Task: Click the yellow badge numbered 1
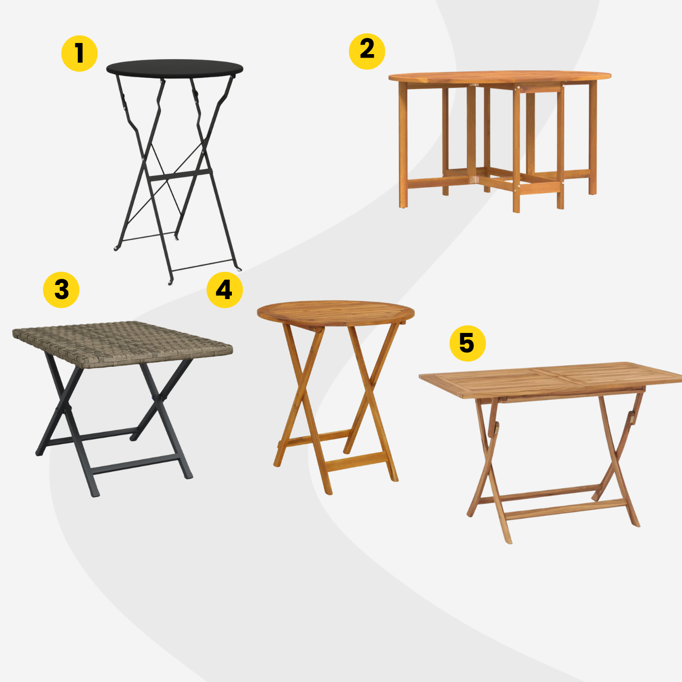tap(79, 54)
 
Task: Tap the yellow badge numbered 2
tap(367, 52)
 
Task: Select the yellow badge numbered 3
tap(61, 290)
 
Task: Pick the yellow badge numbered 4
tap(225, 290)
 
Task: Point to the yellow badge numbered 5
tap(467, 344)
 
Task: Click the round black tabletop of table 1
tap(174, 67)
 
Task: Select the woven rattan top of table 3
tap(122, 344)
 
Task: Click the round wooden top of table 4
tap(335, 313)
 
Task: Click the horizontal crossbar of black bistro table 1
tap(179, 175)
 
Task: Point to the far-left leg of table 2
tap(403, 144)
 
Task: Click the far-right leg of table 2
tap(593, 138)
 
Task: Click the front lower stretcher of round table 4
tap(355, 461)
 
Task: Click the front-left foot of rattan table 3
tap(95, 494)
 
